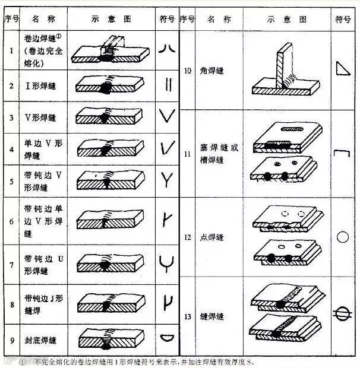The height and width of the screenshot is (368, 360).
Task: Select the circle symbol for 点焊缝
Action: coord(342,237)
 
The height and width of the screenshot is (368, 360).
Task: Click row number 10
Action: coord(187,71)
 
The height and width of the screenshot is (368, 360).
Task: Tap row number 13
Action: coord(187,317)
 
